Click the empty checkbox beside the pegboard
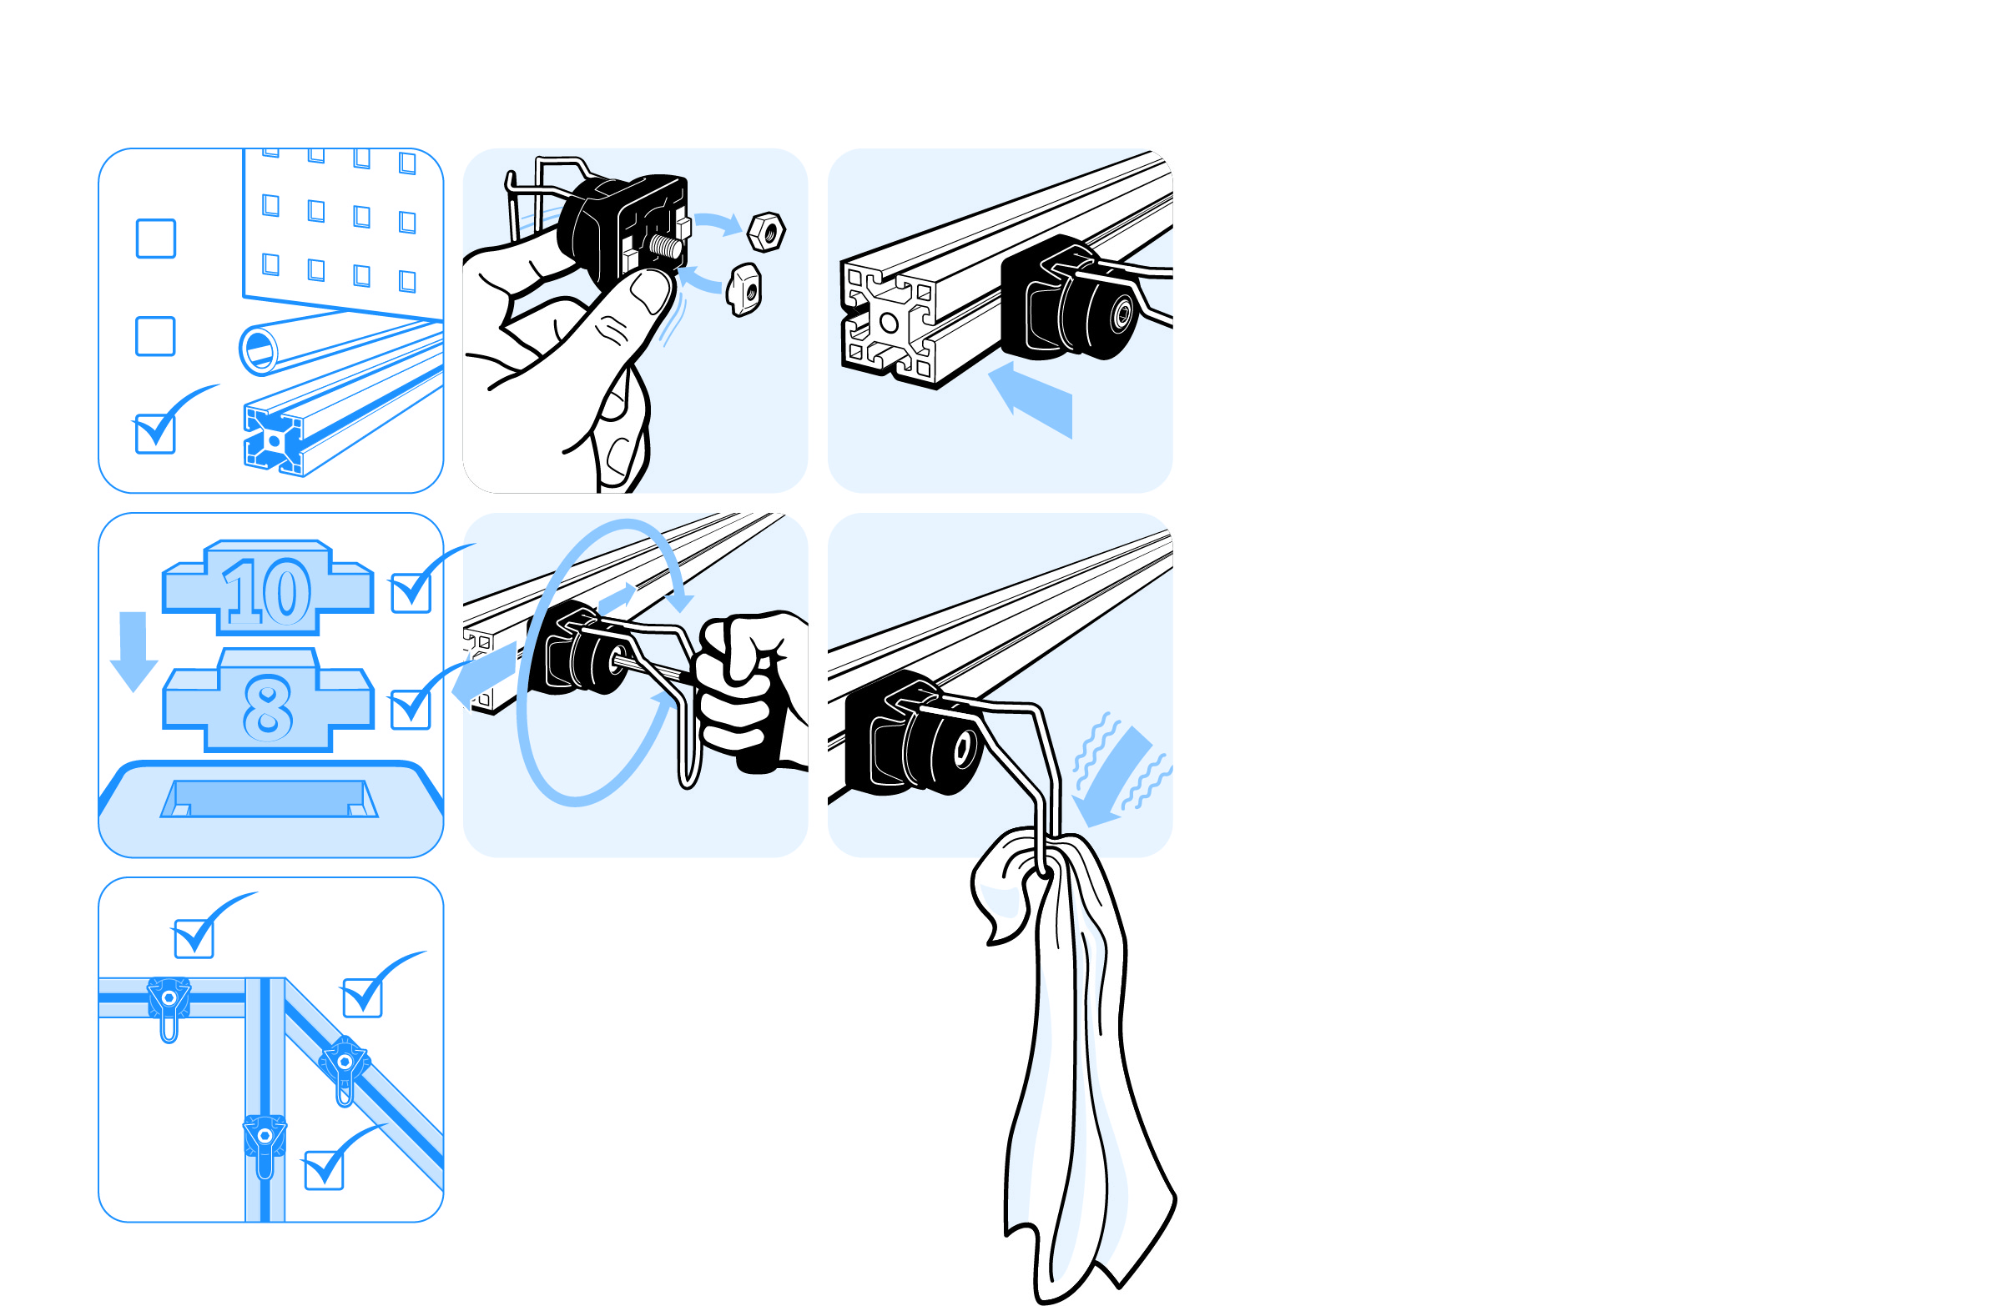pyautogui.click(x=155, y=239)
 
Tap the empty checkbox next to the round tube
pyautogui.click(x=155, y=336)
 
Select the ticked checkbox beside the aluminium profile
pyautogui.click(x=155, y=434)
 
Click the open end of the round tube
pyautogui.click(x=259, y=349)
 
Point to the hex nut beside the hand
pyautogui.click(x=766, y=232)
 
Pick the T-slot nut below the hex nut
pyautogui.click(x=743, y=289)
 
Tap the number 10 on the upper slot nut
pyautogui.click(x=268, y=591)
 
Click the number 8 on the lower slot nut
pyautogui.click(x=268, y=708)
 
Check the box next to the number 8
pyautogui.click(x=411, y=709)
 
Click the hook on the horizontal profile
pyautogui.click(x=169, y=1008)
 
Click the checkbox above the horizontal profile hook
pyautogui.click(x=194, y=938)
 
